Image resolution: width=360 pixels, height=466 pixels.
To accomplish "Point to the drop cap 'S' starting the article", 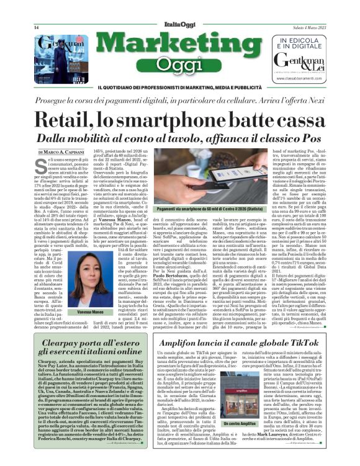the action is (x=43, y=165).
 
